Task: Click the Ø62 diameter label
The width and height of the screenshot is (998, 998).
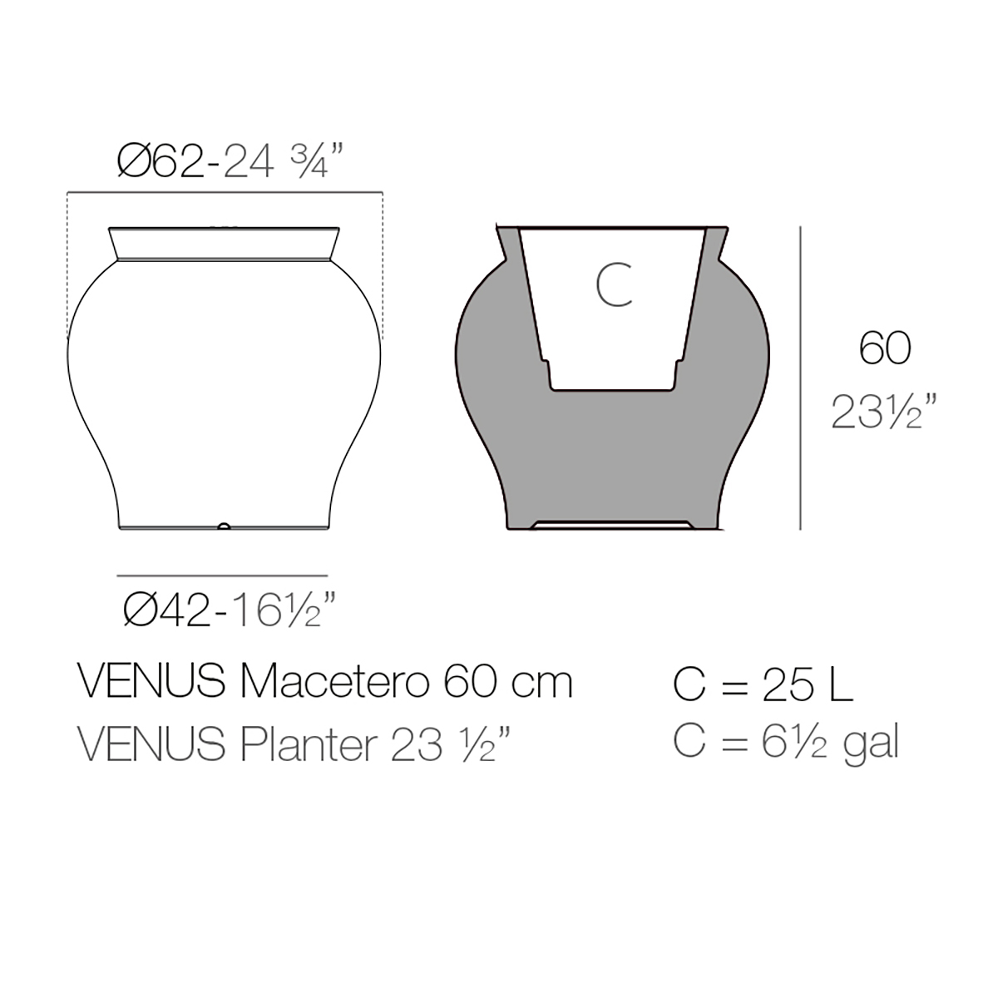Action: pos(161,161)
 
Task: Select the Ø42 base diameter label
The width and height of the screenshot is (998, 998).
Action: pos(167,610)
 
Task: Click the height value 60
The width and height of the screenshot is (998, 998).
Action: pos(885,348)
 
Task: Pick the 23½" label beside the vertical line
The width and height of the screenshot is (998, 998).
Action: pos(884,412)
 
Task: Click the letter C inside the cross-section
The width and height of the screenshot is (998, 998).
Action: pos(615,284)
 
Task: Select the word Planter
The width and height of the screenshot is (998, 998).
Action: pos(309,744)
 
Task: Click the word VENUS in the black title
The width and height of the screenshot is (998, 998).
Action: pos(151,683)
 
